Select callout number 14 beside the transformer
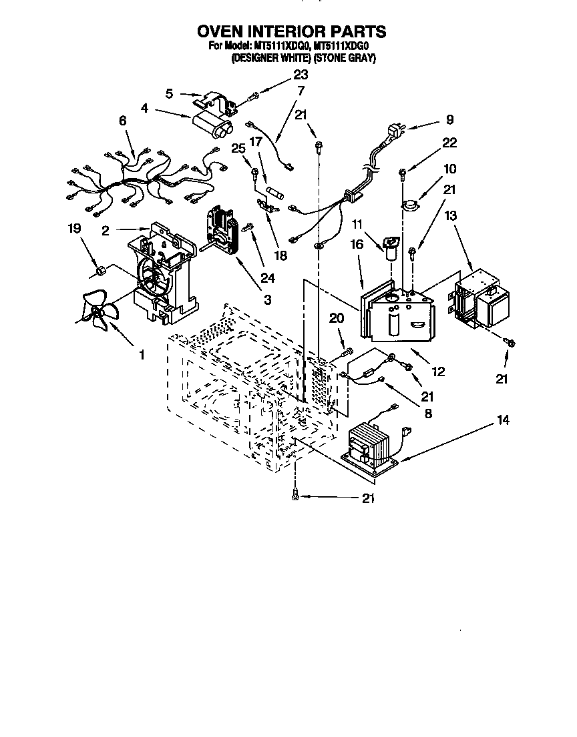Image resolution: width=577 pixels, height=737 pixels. coord(504,420)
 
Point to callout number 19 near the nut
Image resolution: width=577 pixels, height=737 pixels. coord(74,229)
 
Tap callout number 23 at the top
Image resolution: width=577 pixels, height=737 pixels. coord(301,75)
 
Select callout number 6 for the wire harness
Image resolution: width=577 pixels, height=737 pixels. coord(122,121)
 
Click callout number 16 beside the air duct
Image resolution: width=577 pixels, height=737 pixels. coord(357,245)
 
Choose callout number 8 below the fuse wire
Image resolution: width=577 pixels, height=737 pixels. coord(428,414)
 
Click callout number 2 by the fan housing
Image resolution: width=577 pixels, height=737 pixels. coord(106,231)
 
